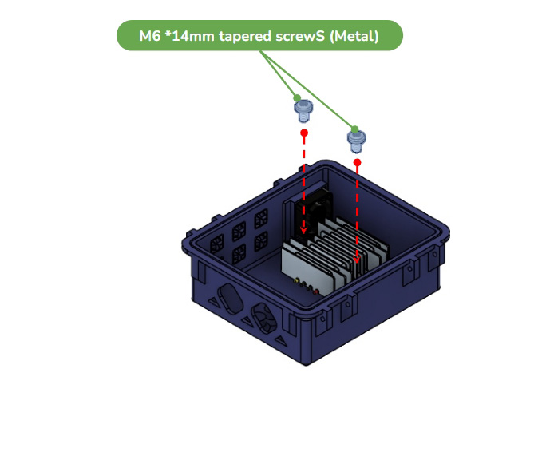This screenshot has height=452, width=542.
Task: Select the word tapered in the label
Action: (245, 36)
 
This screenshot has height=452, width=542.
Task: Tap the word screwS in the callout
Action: (300, 36)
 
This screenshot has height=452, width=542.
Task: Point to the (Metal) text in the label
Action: (354, 36)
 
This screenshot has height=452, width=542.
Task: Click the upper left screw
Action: (303, 111)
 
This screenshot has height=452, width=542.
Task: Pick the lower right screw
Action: (356, 141)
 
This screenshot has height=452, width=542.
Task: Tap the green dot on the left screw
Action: (297, 98)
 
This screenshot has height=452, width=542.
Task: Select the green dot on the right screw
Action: (354, 129)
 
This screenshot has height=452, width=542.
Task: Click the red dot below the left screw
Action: (304, 133)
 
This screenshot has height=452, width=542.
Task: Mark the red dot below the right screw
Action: (358, 162)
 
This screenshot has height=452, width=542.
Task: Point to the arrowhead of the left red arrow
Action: (303, 230)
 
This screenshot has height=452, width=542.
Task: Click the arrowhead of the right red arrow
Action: (357, 260)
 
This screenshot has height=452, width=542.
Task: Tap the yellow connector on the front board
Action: (295, 281)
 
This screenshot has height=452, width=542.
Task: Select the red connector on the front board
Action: (315, 292)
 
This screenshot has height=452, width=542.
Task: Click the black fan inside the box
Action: (313, 212)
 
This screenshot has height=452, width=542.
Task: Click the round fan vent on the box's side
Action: (264, 318)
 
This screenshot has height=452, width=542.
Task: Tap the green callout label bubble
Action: (259, 36)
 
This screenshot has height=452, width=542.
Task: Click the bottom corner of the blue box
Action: (306, 365)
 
